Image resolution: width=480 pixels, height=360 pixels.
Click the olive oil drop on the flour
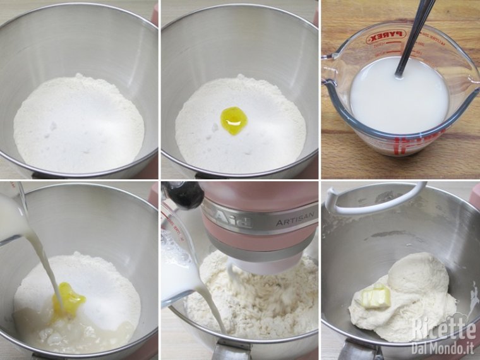[233, 120]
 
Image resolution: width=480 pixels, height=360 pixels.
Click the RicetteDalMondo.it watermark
[442, 335]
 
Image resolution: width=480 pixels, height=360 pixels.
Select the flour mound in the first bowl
[78, 123]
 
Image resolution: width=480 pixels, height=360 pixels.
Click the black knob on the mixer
[184, 195]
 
